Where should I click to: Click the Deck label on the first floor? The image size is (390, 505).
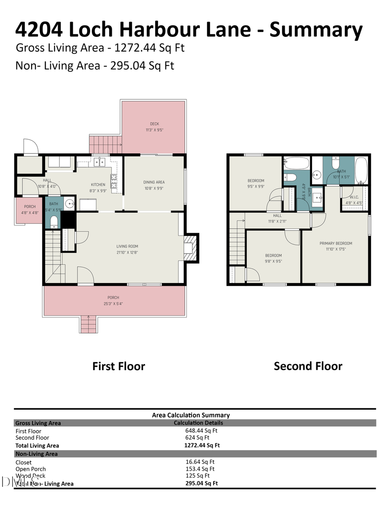[x=154, y=124]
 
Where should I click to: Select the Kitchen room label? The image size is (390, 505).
[x=98, y=185]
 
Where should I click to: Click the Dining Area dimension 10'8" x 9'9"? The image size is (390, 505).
[x=154, y=189]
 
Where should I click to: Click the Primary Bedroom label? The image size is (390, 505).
[x=336, y=243]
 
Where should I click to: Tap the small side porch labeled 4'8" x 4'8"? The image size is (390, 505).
[x=30, y=210]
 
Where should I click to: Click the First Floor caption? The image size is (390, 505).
[x=118, y=366]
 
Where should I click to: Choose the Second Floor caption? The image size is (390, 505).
[x=308, y=366]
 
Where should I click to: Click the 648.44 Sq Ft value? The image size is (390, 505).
[x=201, y=431]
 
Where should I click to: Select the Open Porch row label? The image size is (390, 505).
[x=30, y=469]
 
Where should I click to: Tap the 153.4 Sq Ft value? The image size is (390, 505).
[x=200, y=469]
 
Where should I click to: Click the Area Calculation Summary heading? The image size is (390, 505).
[x=191, y=415]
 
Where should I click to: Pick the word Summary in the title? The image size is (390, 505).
[x=316, y=29]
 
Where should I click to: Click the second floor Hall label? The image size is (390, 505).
[x=277, y=215]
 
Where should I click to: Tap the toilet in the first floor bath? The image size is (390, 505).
[x=54, y=222]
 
